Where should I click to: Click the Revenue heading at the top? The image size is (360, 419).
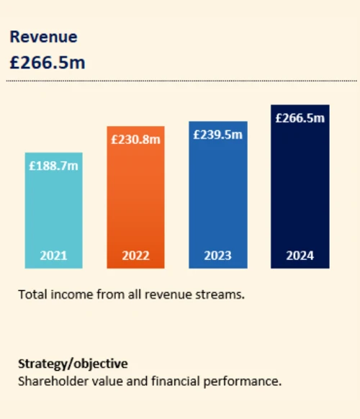(42, 37)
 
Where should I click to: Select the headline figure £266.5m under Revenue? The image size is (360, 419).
(47, 63)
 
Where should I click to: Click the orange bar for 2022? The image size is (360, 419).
(135, 202)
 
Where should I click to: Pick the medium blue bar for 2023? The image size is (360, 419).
(217, 198)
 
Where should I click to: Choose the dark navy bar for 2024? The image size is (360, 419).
(300, 191)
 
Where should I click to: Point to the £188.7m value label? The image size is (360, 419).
(54, 166)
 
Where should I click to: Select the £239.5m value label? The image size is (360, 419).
(217, 135)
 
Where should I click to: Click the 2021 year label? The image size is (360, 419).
(54, 256)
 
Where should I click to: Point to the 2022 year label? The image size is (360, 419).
(135, 256)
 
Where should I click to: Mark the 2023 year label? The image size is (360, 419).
(217, 256)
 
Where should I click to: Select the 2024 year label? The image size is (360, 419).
(300, 256)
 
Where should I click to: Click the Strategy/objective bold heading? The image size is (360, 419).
(73, 364)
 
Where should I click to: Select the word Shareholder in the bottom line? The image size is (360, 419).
(50, 380)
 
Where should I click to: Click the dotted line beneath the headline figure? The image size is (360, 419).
(180, 81)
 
